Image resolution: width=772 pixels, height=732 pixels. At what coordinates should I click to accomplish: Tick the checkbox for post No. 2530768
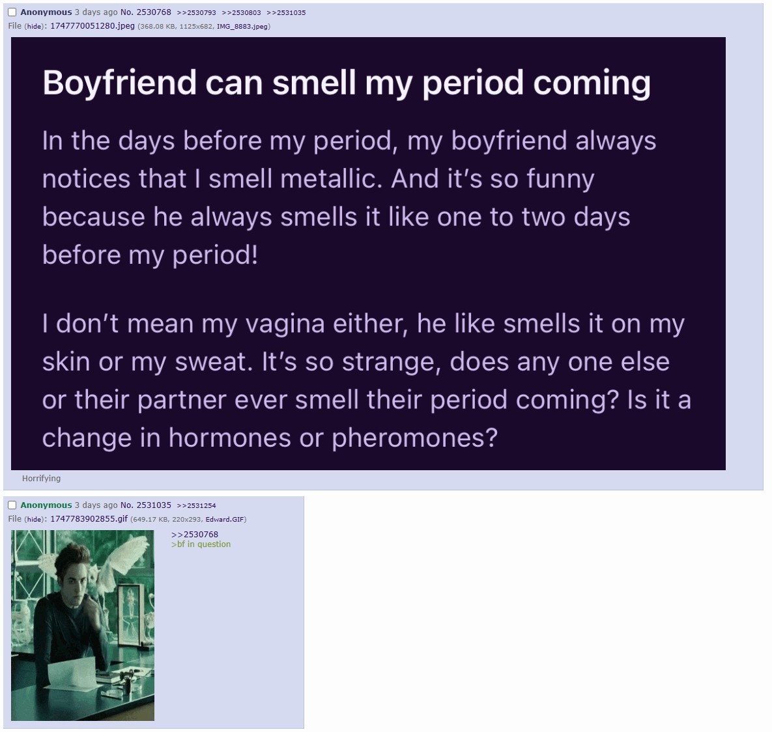click(x=12, y=12)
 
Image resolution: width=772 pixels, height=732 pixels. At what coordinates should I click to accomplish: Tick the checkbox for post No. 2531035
click(x=12, y=505)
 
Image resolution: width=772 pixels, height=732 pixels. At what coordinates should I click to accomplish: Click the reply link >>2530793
click(x=196, y=13)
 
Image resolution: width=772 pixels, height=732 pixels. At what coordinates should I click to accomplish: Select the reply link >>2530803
click(x=241, y=13)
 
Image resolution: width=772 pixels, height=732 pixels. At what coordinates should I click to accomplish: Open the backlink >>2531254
click(x=196, y=505)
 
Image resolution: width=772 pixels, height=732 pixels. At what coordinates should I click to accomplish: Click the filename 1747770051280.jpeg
click(x=93, y=25)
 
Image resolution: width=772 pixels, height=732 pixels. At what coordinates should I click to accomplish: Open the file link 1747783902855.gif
click(x=89, y=519)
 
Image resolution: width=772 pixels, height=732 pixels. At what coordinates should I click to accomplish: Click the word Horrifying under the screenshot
click(x=41, y=479)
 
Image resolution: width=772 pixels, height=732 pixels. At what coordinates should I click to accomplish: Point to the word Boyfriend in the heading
click(x=120, y=83)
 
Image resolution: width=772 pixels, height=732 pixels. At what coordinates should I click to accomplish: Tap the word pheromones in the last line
click(x=414, y=438)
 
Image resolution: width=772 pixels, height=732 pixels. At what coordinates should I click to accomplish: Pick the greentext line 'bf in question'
click(x=201, y=544)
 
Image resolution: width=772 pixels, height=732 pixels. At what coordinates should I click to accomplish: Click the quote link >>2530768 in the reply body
click(x=195, y=535)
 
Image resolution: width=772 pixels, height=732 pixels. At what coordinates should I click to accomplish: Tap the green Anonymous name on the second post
click(x=46, y=505)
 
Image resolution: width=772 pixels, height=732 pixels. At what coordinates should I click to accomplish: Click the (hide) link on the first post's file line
click(x=34, y=26)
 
